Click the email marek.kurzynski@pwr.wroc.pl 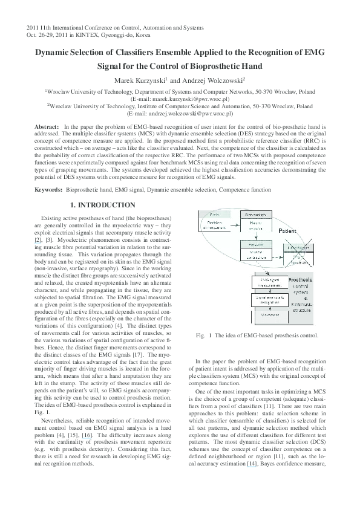tap(180, 98)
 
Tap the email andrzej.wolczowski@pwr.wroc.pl tap(180, 113)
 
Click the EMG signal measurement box tap(268, 284)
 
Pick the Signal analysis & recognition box tap(268, 299)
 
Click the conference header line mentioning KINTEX tap(90, 36)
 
